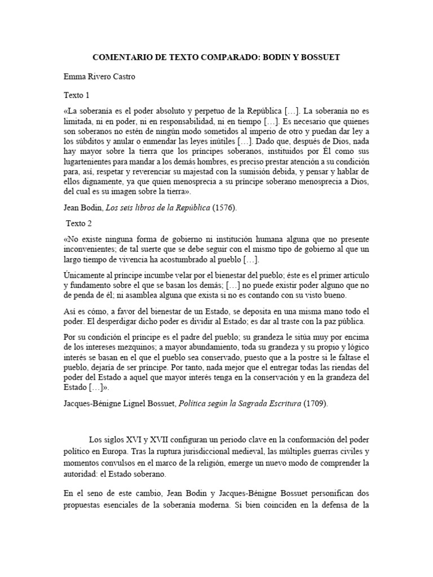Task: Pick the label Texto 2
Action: (x=79, y=223)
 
